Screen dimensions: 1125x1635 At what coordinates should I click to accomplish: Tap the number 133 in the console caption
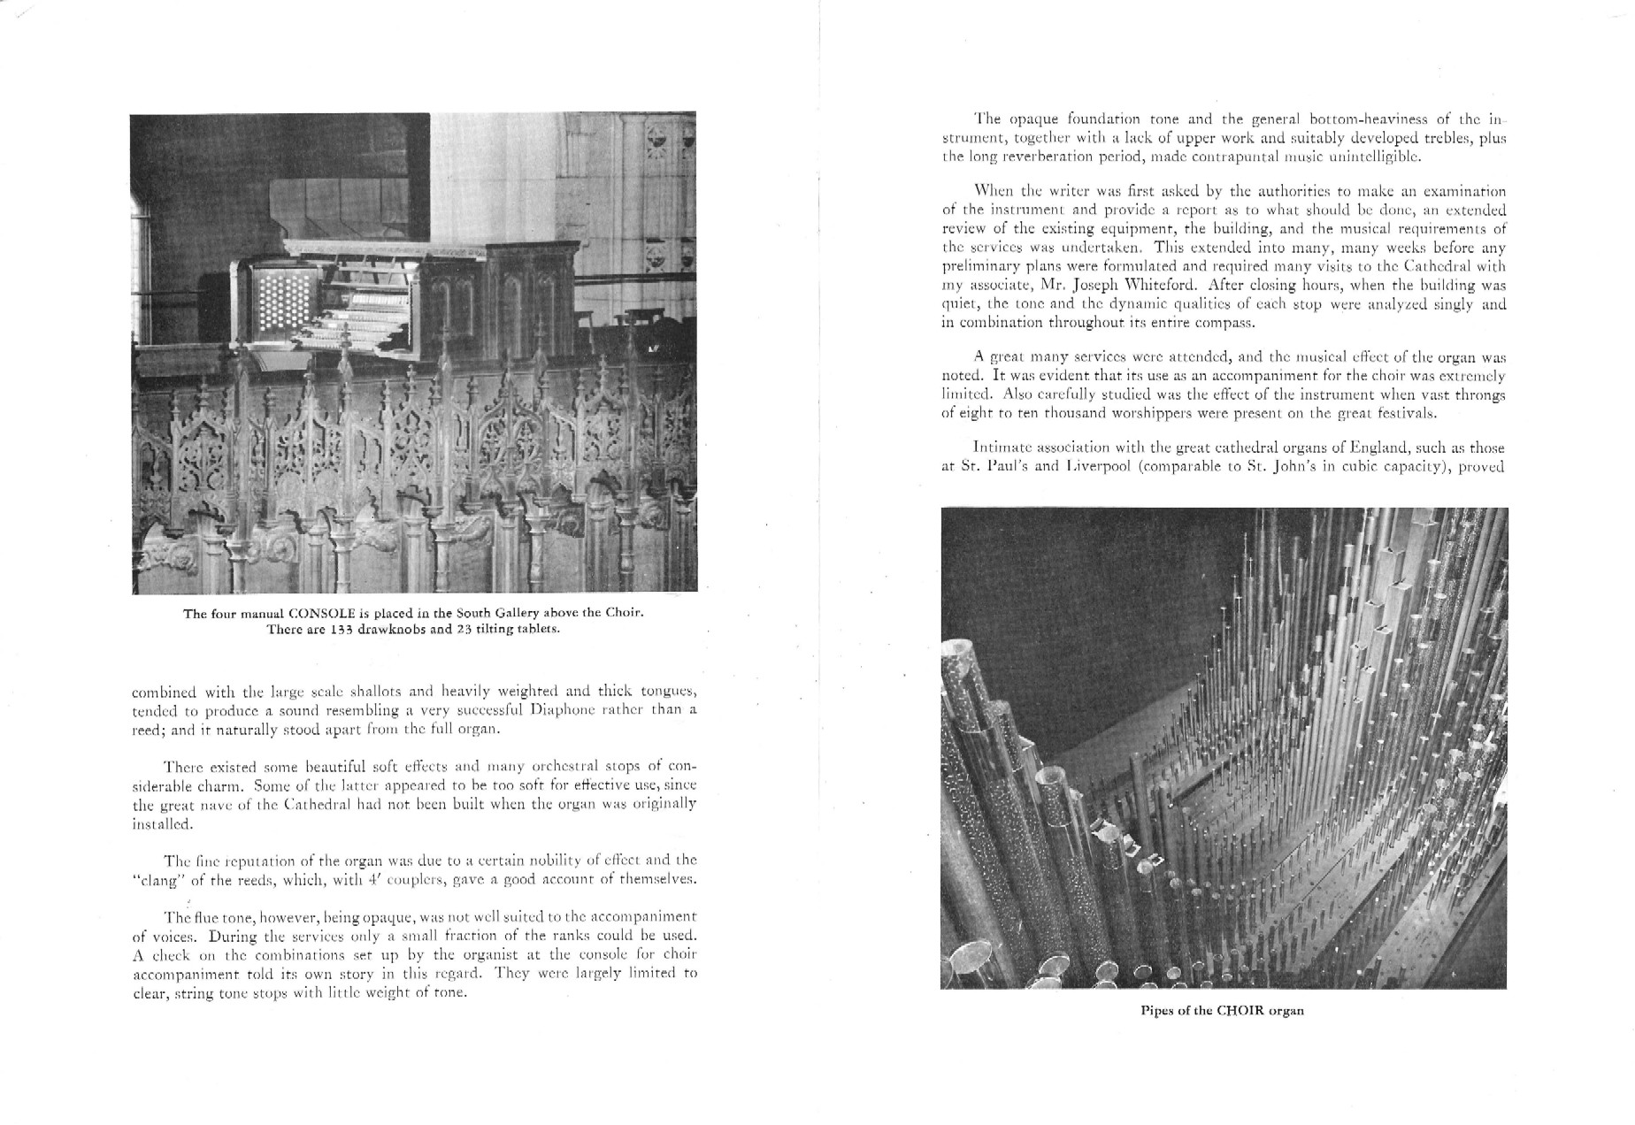point(332,630)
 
